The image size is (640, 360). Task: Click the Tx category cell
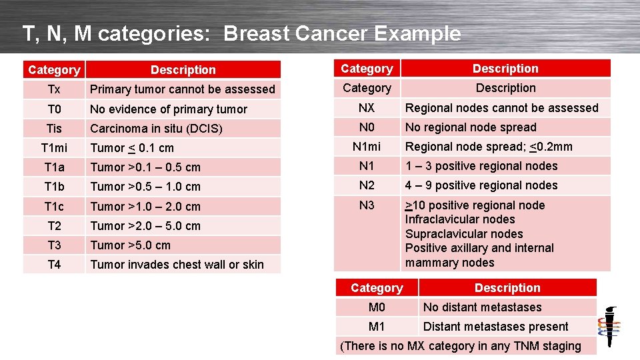pyautogui.click(x=54, y=89)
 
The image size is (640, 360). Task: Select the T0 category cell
pyautogui.click(x=54, y=109)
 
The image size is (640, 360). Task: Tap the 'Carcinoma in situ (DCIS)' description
pyautogui.click(x=156, y=129)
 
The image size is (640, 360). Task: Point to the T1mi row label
pyautogui.click(x=54, y=147)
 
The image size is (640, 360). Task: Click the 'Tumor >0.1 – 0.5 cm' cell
pyautogui.click(x=145, y=167)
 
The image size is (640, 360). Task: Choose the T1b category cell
pyautogui.click(x=54, y=186)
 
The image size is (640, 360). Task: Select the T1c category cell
pyautogui.click(x=54, y=206)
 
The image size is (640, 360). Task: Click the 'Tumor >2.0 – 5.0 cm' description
pyautogui.click(x=145, y=226)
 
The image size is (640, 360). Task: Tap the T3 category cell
pyautogui.click(x=54, y=245)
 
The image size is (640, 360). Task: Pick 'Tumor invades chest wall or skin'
pyautogui.click(x=177, y=265)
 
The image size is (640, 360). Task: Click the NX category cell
pyautogui.click(x=367, y=107)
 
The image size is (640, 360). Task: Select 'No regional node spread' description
pyautogui.click(x=471, y=127)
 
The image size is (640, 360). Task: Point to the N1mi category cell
pyautogui.click(x=367, y=147)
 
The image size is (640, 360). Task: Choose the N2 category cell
pyautogui.click(x=367, y=185)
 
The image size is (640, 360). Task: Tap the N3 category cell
pyautogui.click(x=367, y=205)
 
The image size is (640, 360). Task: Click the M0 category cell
pyautogui.click(x=377, y=307)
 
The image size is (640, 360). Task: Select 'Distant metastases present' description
pyautogui.click(x=495, y=327)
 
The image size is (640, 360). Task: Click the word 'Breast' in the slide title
pyautogui.click(x=254, y=33)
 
